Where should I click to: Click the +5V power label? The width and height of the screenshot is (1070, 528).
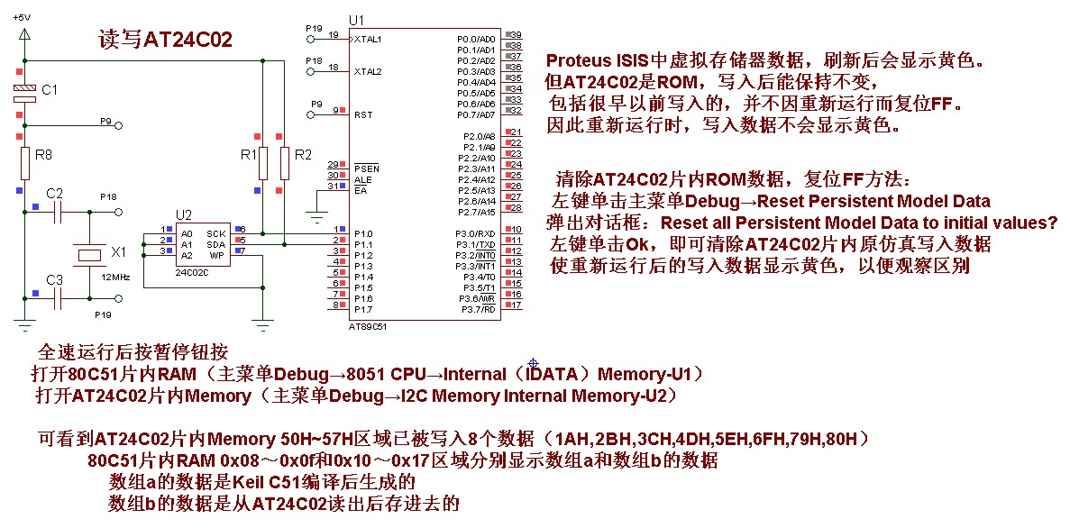pyautogui.click(x=22, y=17)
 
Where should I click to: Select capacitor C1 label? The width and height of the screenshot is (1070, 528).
pyautogui.click(x=50, y=90)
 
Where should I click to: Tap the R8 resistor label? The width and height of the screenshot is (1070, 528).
pyautogui.click(x=42, y=155)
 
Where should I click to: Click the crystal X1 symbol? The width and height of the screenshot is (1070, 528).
pyautogui.click(x=89, y=256)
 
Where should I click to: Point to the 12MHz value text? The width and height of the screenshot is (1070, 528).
pyautogui.click(x=115, y=277)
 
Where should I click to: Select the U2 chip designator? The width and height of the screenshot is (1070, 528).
pyautogui.click(x=184, y=214)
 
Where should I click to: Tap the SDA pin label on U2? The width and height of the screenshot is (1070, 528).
pyautogui.click(x=216, y=243)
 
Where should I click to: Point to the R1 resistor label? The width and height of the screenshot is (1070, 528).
pyautogui.click(x=248, y=155)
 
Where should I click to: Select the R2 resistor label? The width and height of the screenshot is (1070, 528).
pyautogui.click(x=303, y=155)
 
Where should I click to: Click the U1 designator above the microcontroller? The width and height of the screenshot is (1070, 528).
pyautogui.click(x=356, y=20)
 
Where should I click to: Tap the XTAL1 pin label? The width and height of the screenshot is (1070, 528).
pyautogui.click(x=368, y=39)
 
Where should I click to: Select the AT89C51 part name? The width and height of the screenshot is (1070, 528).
pyautogui.click(x=367, y=327)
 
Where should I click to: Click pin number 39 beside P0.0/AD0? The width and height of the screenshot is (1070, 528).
pyautogui.click(x=517, y=35)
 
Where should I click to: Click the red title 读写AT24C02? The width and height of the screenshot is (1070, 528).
pyautogui.click(x=165, y=41)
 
